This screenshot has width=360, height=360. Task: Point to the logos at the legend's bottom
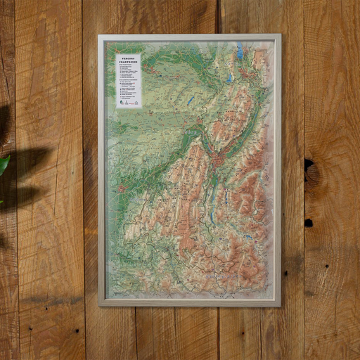pyautogui.click(x=128, y=103)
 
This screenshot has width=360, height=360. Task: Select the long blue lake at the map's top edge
pyautogui.click(x=240, y=51)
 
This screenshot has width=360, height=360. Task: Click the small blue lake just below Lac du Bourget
pyautogui.click(x=230, y=79)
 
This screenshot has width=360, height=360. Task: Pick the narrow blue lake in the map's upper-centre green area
pyautogui.click(x=191, y=101)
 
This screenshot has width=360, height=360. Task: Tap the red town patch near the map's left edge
pyautogui.click(x=123, y=188)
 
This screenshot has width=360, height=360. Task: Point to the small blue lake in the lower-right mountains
pyautogui.click(x=247, y=237)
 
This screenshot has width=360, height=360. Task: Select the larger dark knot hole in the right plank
pyautogui.click(x=309, y=166)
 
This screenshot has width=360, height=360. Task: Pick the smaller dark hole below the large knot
pyautogui.click(x=309, y=223)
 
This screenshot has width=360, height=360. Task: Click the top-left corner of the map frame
pyautogui.click(x=100, y=36)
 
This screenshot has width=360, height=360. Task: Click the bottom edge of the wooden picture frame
pyautogui.click(x=190, y=304)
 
